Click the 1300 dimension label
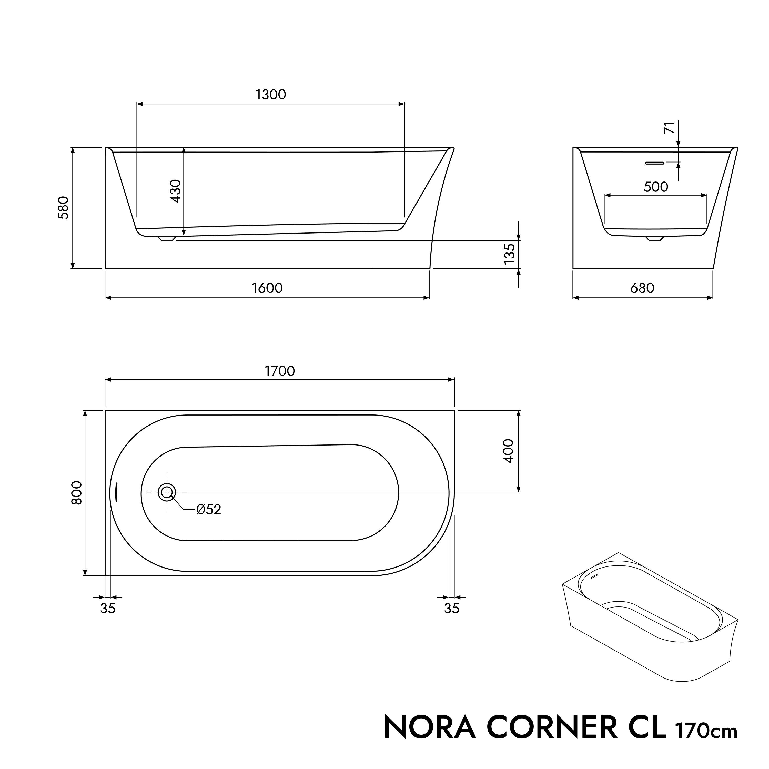pos(271,95)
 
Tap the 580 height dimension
pos(64,208)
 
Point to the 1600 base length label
pos(267,288)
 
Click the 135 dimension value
pos(510,254)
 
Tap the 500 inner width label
pos(655,187)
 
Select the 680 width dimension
pos(642,288)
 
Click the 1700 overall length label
pos(280,371)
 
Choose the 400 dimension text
pos(509,451)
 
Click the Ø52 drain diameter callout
pos(209,510)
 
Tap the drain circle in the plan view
pos(167,492)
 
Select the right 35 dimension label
pos(452,608)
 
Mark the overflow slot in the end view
pos(655,163)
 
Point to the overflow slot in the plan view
pos(116,492)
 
